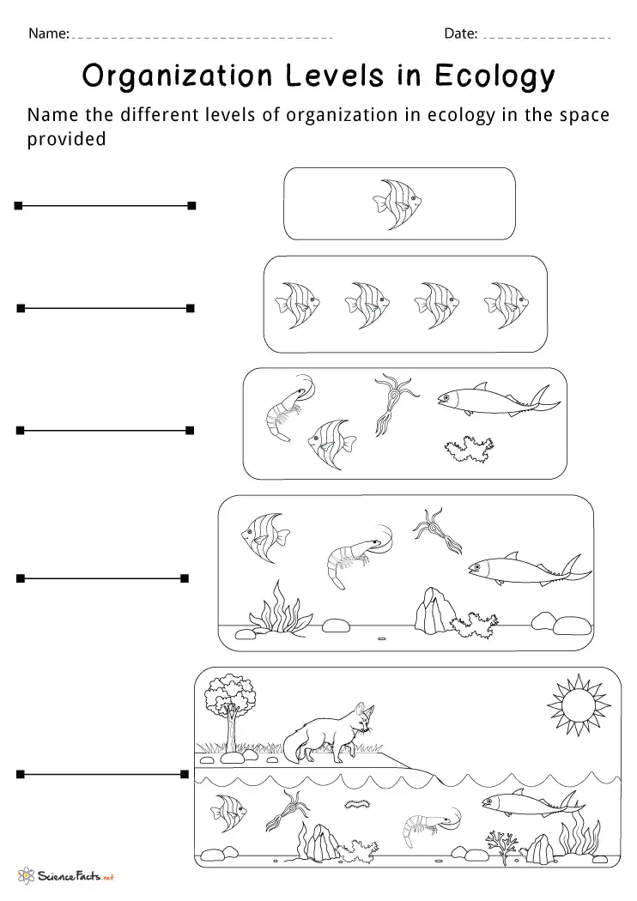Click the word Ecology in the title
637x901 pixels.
pos(495,78)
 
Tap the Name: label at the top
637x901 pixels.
pos(48,34)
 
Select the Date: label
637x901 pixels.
pos(460,34)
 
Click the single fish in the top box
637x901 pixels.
pos(397,203)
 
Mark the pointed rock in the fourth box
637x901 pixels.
pos(428,611)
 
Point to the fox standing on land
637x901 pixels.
pos(335,733)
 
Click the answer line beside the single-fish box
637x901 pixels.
pos(104,205)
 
